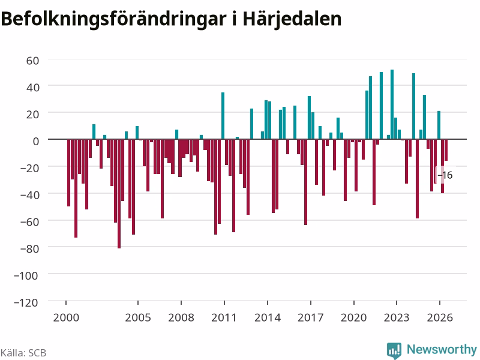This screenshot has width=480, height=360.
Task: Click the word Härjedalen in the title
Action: (292, 19)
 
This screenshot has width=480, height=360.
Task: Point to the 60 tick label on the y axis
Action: (33, 61)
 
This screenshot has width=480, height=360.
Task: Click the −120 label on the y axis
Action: (26, 302)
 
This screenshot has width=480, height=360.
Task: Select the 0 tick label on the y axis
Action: (36, 141)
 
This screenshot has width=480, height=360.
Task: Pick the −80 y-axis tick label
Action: (29, 248)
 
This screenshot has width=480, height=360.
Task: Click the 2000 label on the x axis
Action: (66, 317)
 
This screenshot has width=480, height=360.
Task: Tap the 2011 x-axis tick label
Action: (224, 317)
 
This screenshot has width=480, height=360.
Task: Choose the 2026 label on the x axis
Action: (440, 317)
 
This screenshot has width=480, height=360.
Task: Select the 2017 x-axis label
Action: (310, 317)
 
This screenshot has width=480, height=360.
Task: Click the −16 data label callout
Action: (445, 175)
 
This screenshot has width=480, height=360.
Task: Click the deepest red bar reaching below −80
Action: (119, 194)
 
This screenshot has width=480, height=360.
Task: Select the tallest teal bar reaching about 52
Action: (392, 104)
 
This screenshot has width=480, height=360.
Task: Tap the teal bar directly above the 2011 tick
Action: (223, 116)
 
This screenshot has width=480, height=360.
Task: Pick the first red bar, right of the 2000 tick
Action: (68, 173)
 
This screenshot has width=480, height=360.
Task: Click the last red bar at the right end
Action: (446, 150)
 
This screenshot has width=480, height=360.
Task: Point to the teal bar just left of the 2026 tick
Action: (439, 125)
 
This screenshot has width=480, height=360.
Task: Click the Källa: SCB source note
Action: (23, 353)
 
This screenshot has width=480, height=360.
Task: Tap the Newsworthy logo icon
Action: (394, 350)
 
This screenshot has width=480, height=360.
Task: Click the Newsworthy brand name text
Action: (442, 349)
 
